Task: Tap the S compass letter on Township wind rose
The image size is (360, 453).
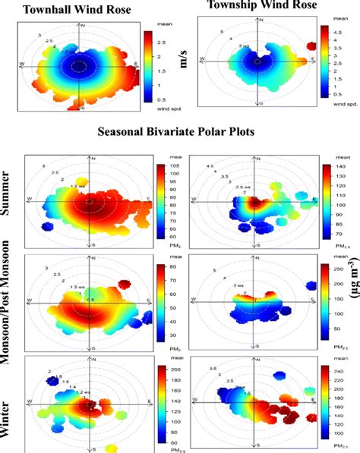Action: click(x=261, y=102)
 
